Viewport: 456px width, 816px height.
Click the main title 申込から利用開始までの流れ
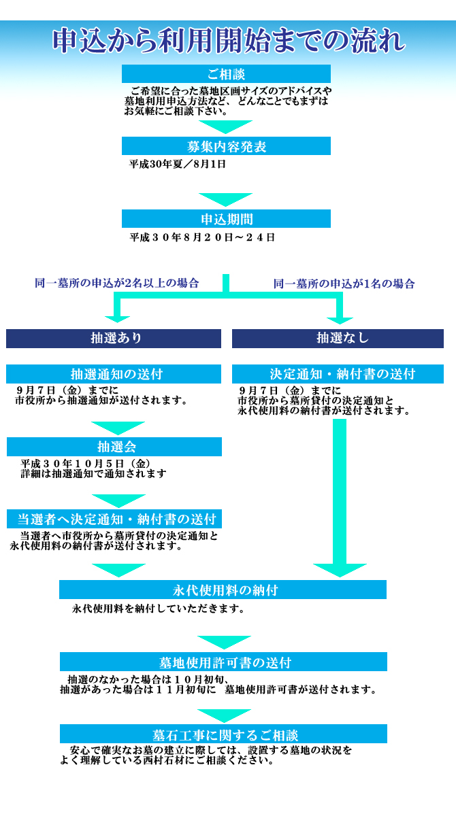229,40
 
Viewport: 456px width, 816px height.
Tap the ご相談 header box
226,74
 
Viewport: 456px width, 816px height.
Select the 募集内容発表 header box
226,146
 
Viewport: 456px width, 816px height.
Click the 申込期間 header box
226,218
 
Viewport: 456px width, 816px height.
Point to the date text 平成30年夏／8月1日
177,165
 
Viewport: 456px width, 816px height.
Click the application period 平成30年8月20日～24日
202,237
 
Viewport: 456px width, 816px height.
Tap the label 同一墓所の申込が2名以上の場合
116,283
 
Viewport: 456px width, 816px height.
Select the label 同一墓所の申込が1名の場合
344,284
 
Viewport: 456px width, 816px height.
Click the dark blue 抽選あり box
114,339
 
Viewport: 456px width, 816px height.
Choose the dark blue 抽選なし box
338,339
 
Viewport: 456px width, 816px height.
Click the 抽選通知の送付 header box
114,374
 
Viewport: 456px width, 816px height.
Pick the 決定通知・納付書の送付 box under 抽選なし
338,374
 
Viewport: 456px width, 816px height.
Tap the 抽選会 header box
114,447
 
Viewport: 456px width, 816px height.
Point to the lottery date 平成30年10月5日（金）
86,464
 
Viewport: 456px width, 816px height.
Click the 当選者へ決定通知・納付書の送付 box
114,519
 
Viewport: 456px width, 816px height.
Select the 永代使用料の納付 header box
223,590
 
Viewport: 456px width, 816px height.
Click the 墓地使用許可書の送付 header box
223,662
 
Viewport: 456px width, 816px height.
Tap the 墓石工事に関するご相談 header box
223,734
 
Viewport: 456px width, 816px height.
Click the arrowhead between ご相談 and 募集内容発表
225,126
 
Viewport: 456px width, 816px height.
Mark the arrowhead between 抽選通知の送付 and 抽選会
118,428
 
